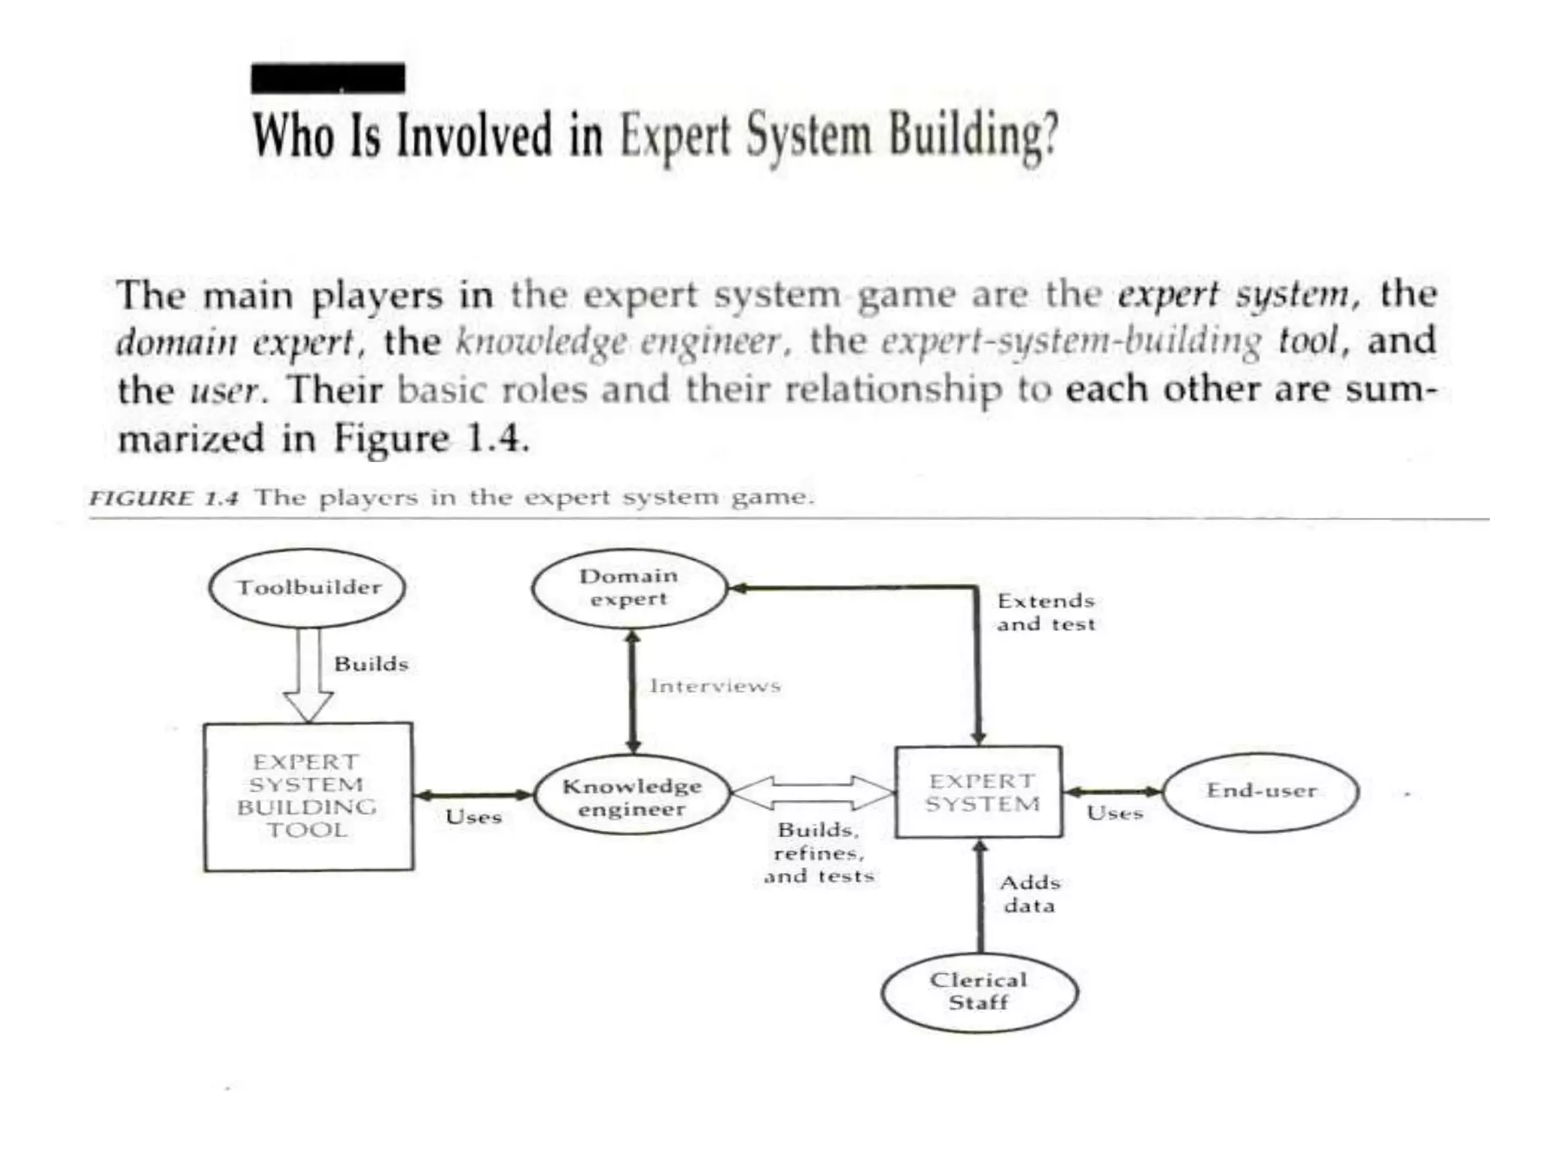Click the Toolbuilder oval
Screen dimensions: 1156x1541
(307, 588)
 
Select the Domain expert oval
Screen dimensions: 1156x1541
(629, 588)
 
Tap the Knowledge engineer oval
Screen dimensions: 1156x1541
(632, 796)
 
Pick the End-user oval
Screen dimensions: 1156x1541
(1261, 791)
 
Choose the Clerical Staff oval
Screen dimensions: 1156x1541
(979, 991)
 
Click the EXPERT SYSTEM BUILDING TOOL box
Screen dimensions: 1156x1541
(309, 796)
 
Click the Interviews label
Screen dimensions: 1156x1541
(715, 686)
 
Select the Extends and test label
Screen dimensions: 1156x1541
(1046, 612)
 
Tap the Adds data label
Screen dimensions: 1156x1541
(1029, 893)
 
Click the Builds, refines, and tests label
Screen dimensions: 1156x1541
(819, 853)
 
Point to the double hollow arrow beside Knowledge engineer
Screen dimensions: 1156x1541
(813, 793)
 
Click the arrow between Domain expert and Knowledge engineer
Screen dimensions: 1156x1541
(633, 692)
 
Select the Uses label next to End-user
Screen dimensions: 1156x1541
(1114, 814)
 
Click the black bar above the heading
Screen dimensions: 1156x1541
(328, 78)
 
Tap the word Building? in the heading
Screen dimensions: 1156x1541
(974, 135)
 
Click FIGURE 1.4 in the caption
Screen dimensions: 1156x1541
(164, 498)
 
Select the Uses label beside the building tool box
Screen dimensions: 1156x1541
(473, 817)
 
